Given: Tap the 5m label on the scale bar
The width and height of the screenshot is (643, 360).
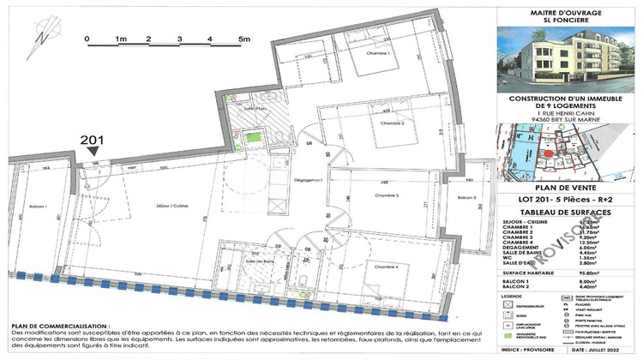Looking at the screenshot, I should click(x=244, y=39).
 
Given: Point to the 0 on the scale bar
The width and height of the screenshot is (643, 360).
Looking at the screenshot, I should click(x=87, y=39).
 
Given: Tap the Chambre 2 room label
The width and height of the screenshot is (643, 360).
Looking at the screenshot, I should click(x=390, y=123).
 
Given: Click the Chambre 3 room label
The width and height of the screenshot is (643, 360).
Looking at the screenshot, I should click(x=388, y=196).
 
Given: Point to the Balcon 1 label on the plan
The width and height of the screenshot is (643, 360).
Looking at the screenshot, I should click(x=33, y=207).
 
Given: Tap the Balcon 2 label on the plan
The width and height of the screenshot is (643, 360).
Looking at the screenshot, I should click(x=466, y=198).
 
